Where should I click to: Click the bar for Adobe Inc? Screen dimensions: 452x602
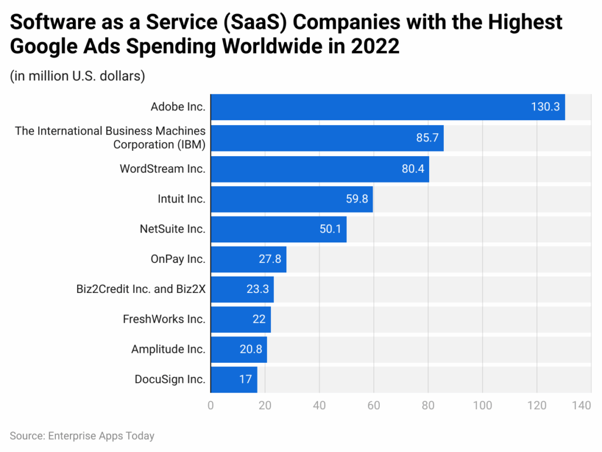387,107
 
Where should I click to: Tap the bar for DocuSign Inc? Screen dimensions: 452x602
233,380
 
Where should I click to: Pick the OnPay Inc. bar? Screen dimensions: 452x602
248,259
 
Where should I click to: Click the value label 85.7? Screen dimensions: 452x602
427,139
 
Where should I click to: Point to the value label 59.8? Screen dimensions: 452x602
357,199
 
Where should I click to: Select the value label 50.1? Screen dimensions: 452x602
331,229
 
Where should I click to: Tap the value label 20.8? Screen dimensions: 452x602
251,350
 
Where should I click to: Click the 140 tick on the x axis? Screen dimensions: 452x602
581,405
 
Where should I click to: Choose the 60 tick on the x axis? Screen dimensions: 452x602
373,405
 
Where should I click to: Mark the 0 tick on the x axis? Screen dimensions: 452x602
210,405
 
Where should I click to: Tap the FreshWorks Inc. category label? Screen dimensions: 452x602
164,319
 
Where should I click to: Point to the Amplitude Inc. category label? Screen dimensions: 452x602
168,350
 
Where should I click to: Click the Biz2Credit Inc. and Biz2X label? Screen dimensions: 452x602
141,289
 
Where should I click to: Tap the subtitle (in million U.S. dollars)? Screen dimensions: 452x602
78,76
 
